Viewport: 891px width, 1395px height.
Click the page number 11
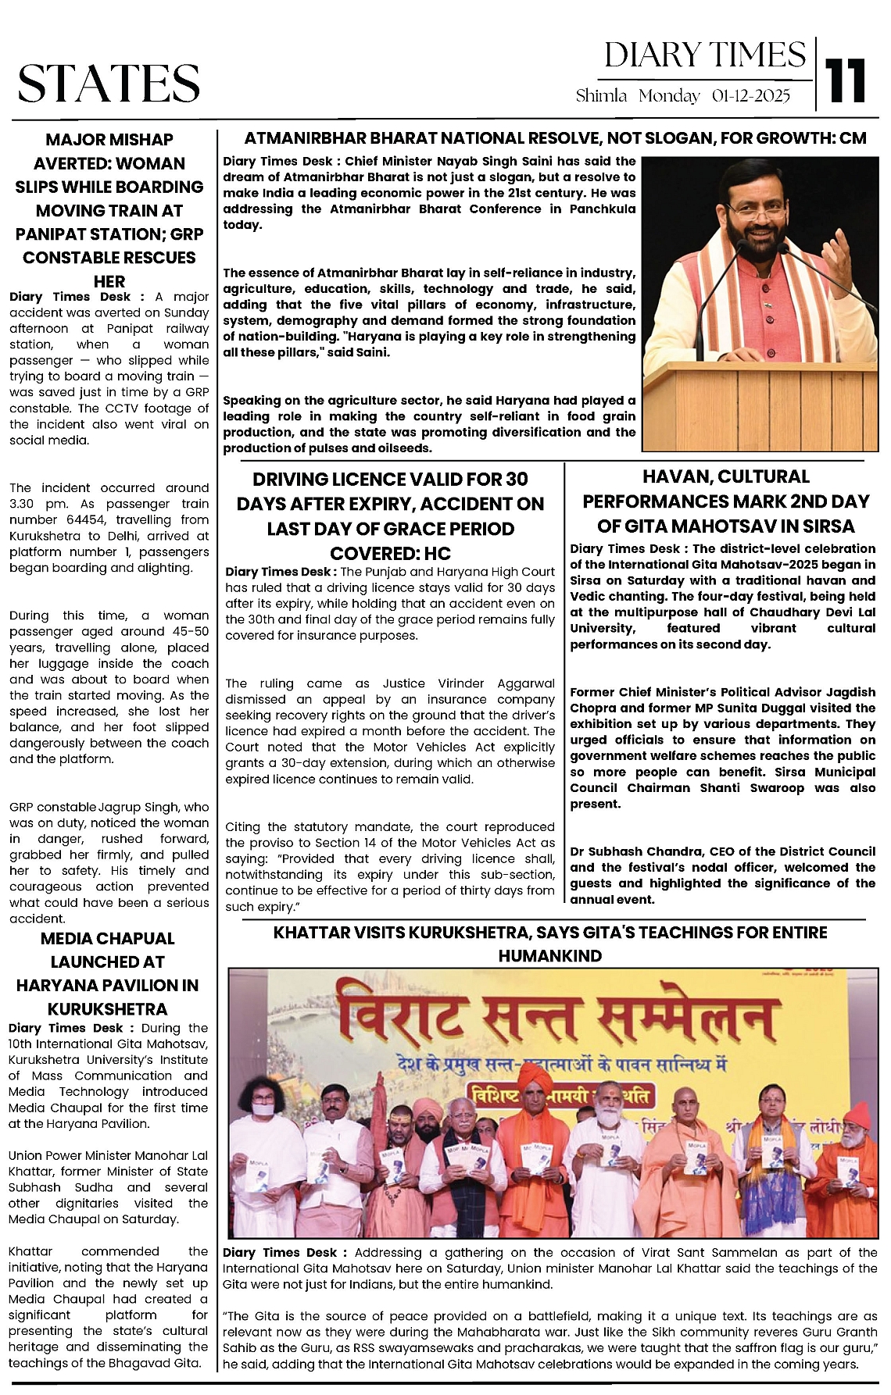(846, 80)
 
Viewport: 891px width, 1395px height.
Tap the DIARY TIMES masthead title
(704, 55)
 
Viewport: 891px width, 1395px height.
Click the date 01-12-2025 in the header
(751, 96)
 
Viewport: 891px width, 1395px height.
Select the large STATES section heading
(109, 84)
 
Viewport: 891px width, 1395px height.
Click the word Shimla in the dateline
(601, 96)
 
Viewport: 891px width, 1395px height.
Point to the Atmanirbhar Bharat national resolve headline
(555, 138)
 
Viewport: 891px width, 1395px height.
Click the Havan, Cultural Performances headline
(725, 501)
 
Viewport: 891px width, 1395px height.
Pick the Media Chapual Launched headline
(108, 973)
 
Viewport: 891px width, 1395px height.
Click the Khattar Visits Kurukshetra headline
(549, 944)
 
